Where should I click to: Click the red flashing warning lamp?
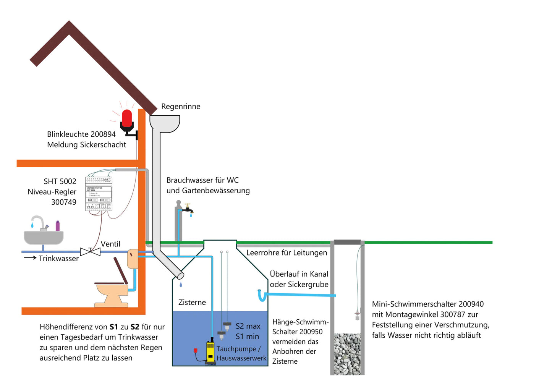pyautogui.click(x=127, y=119)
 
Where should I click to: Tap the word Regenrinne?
pyautogui.click(x=181, y=107)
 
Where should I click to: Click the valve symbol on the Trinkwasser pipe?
pyautogui.click(x=90, y=251)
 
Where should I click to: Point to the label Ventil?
pyautogui.click(x=110, y=244)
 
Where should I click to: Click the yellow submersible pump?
pyautogui.click(x=210, y=351)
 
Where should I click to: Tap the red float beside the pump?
pyautogui.click(x=196, y=351)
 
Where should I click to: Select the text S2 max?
pyautogui.click(x=248, y=326)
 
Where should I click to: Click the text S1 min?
pyautogui.click(x=247, y=337)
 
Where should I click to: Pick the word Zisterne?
pyautogui.click(x=192, y=303)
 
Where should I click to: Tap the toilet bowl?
pyautogui.click(x=112, y=295)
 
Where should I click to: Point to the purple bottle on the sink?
pyautogui.click(x=58, y=226)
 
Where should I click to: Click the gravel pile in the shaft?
pyautogui.click(x=347, y=354)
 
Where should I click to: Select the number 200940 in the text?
pyautogui.click(x=471, y=304)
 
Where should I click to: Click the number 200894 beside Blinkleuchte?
pyautogui.click(x=103, y=134)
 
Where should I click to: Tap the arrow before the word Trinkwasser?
pyautogui.click(x=30, y=258)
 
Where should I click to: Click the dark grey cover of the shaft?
pyautogui.click(x=347, y=242)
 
